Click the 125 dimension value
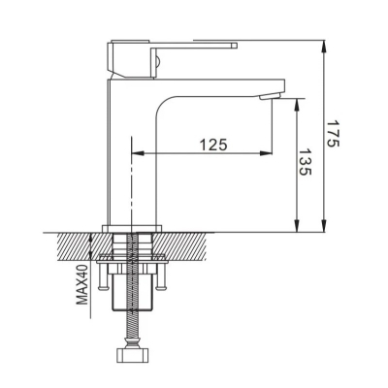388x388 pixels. click(213, 145)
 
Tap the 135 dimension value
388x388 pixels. click(305, 162)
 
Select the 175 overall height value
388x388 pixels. click(332, 134)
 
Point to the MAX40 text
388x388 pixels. click(82, 284)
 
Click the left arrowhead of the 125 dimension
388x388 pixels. click(138, 153)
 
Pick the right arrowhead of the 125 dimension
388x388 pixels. click(265, 153)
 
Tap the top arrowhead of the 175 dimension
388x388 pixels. click(324, 47)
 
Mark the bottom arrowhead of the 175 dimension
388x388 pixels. click(324, 226)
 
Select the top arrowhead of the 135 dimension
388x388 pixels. click(297, 106)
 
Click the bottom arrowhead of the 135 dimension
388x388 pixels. click(297, 226)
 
